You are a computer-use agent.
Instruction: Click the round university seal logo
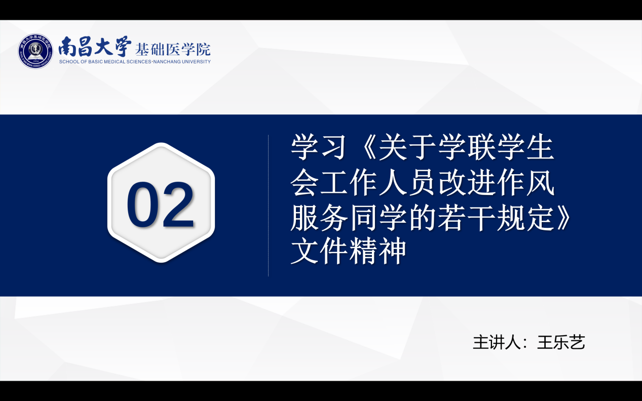pos(35,51)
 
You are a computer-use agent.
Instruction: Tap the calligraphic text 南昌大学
pos(95,47)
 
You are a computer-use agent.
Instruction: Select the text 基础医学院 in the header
pos(173,50)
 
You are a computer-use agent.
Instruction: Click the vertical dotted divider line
pos(268,206)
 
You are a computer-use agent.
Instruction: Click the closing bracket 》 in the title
pos(563,219)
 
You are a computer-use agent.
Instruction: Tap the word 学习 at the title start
pos(318,148)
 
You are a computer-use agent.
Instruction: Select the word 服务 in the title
pos(319,219)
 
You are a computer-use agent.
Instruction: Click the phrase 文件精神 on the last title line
pos(349,252)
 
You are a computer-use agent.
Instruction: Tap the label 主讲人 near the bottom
pos(497,342)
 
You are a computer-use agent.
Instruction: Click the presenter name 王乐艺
pos(561,342)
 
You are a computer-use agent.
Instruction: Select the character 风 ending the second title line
pos(540,183)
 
